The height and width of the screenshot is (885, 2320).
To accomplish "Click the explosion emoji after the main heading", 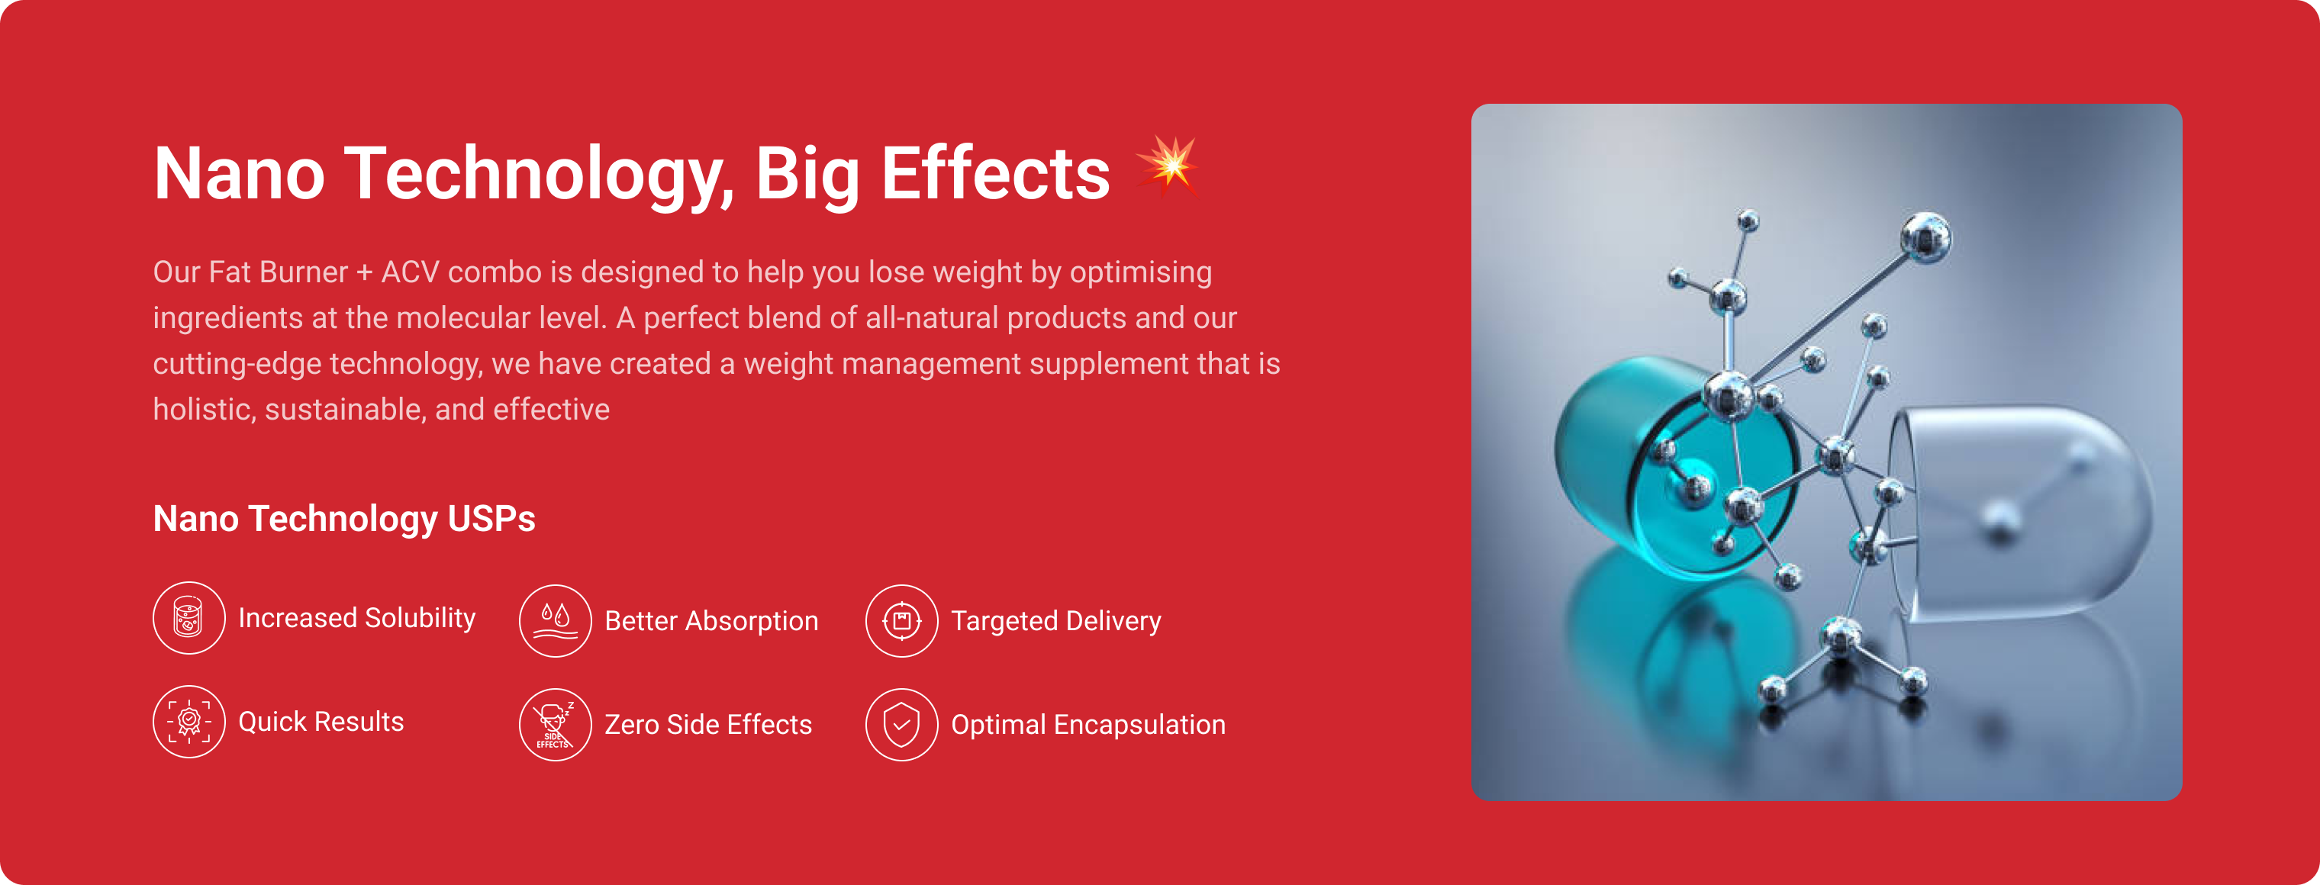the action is pyautogui.click(x=1168, y=166).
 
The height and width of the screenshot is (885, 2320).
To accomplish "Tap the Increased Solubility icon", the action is pyautogui.click(x=189, y=618).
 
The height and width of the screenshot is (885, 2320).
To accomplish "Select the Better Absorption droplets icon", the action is pyautogui.click(x=555, y=621).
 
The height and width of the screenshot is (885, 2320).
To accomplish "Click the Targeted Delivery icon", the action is pyautogui.click(x=901, y=621).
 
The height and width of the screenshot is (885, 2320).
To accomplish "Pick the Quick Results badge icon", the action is pyautogui.click(x=189, y=721).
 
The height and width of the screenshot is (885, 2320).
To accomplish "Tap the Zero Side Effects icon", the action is pyautogui.click(x=555, y=725).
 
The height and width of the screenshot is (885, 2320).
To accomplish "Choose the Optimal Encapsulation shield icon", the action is pyautogui.click(x=901, y=725).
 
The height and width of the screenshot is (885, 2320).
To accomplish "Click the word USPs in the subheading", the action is pyautogui.click(x=491, y=519).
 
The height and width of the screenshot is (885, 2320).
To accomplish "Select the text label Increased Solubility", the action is pyautogui.click(x=356, y=619).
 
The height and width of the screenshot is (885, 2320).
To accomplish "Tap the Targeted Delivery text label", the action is pyautogui.click(x=1056, y=621).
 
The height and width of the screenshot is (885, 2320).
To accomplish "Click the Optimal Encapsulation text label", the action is pyautogui.click(x=1088, y=725).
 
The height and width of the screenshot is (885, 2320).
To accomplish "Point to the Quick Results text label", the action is pyautogui.click(x=321, y=721).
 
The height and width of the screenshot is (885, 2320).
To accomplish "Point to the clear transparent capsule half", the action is pyautogui.click(x=2022, y=513).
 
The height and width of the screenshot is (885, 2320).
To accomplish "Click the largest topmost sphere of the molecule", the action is pyautogui.click(x=1925, y=238).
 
